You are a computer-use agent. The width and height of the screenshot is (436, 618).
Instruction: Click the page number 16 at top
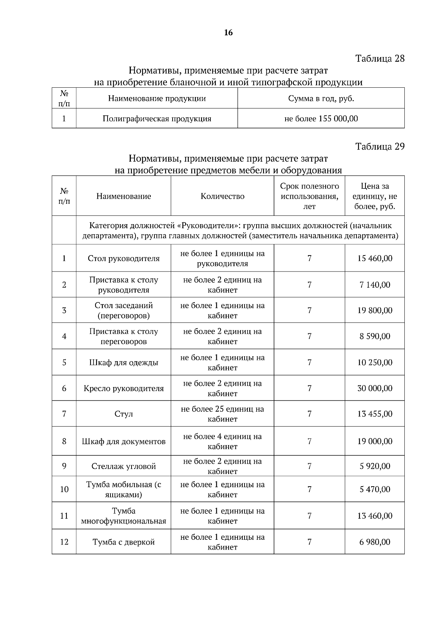pos(228,33)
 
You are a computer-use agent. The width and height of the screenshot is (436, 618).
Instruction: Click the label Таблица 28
pos(380,58)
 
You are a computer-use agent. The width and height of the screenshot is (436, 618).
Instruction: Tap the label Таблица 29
pos(380,146)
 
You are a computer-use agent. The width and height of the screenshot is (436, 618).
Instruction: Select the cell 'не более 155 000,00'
pos(321,119)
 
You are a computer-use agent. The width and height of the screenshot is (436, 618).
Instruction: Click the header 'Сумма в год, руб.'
pos(321,98)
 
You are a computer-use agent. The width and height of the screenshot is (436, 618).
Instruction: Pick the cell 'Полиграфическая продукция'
pos(157,119)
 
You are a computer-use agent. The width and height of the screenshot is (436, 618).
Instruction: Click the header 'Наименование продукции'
pos(157,98)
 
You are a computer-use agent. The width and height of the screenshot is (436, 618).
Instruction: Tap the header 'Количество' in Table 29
pos(222,196)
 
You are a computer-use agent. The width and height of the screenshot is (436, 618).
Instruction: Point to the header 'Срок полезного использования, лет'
pos(309,196)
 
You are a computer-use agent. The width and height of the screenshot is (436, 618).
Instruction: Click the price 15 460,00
pos(375,258)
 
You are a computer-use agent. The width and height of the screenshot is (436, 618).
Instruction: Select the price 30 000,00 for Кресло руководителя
pos(375,388)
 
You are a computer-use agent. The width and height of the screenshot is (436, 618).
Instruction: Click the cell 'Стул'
pos(124,414)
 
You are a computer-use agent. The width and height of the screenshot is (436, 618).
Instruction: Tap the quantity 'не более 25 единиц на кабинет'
pos(222,414)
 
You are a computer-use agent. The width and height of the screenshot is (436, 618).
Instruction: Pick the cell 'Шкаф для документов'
pos(124,441)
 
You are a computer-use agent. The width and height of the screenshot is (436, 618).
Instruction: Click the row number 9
pos(64,466)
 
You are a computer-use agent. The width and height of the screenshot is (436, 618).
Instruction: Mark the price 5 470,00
pos(375,490)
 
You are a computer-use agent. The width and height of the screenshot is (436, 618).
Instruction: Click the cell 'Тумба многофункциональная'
pos(124,516)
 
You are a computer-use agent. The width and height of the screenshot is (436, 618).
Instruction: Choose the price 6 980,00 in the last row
pos(375,542)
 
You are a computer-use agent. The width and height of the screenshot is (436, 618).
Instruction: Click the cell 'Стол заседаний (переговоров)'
pos(124,310)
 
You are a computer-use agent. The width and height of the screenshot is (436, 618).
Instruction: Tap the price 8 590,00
pos(375,336)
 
